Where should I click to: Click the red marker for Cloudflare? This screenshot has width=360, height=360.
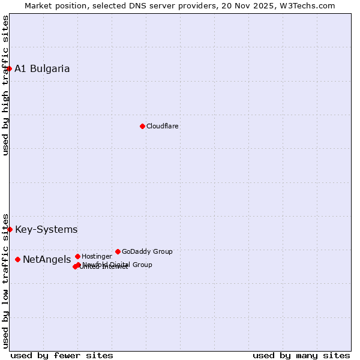pyautogui.click(x=142, y=126)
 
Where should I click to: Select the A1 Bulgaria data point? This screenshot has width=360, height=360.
pyautogui.click(x=9, y=68)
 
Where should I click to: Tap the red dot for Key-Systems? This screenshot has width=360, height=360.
pyautogui.click(x=10, y=229)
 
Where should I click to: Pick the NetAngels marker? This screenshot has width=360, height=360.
pyautogui.click(x=18, y=259)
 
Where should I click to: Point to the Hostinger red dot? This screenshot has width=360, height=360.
pyautogui.click(x=77, y=256)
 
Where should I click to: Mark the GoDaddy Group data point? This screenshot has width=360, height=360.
pyautogui.click(x=118, y=251)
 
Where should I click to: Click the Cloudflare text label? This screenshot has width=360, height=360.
pyautogui.click(x=163, y=126)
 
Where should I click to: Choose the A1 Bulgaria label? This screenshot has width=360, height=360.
pyautogui.click(x=42, y=68)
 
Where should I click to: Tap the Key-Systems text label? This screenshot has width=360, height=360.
pyautogui.click(x=46, y=229)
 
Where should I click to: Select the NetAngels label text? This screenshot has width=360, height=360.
pyautogui.click(x=47, y=259)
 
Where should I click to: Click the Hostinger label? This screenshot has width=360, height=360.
pyautogui.click(x=97, y=256)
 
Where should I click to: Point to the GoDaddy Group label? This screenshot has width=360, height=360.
pyautogui.click(x=147, y=251)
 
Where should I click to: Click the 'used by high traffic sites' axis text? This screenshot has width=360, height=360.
pyautogui.click(x=5, y=85)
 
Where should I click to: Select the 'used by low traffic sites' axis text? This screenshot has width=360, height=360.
pyautogui.click(x=5, y=281)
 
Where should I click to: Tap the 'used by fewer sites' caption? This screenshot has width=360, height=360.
pyautogui.click(x=62, y=355)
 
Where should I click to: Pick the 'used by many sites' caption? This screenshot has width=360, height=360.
pyautogui.click(x=301, y=355)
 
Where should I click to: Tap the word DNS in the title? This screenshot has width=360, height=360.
pyautogui.click(x=134, y=5)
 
